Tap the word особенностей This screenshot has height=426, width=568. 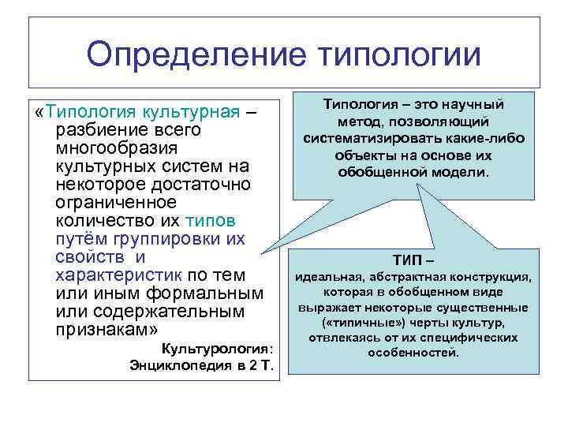(x=413, y=352)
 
